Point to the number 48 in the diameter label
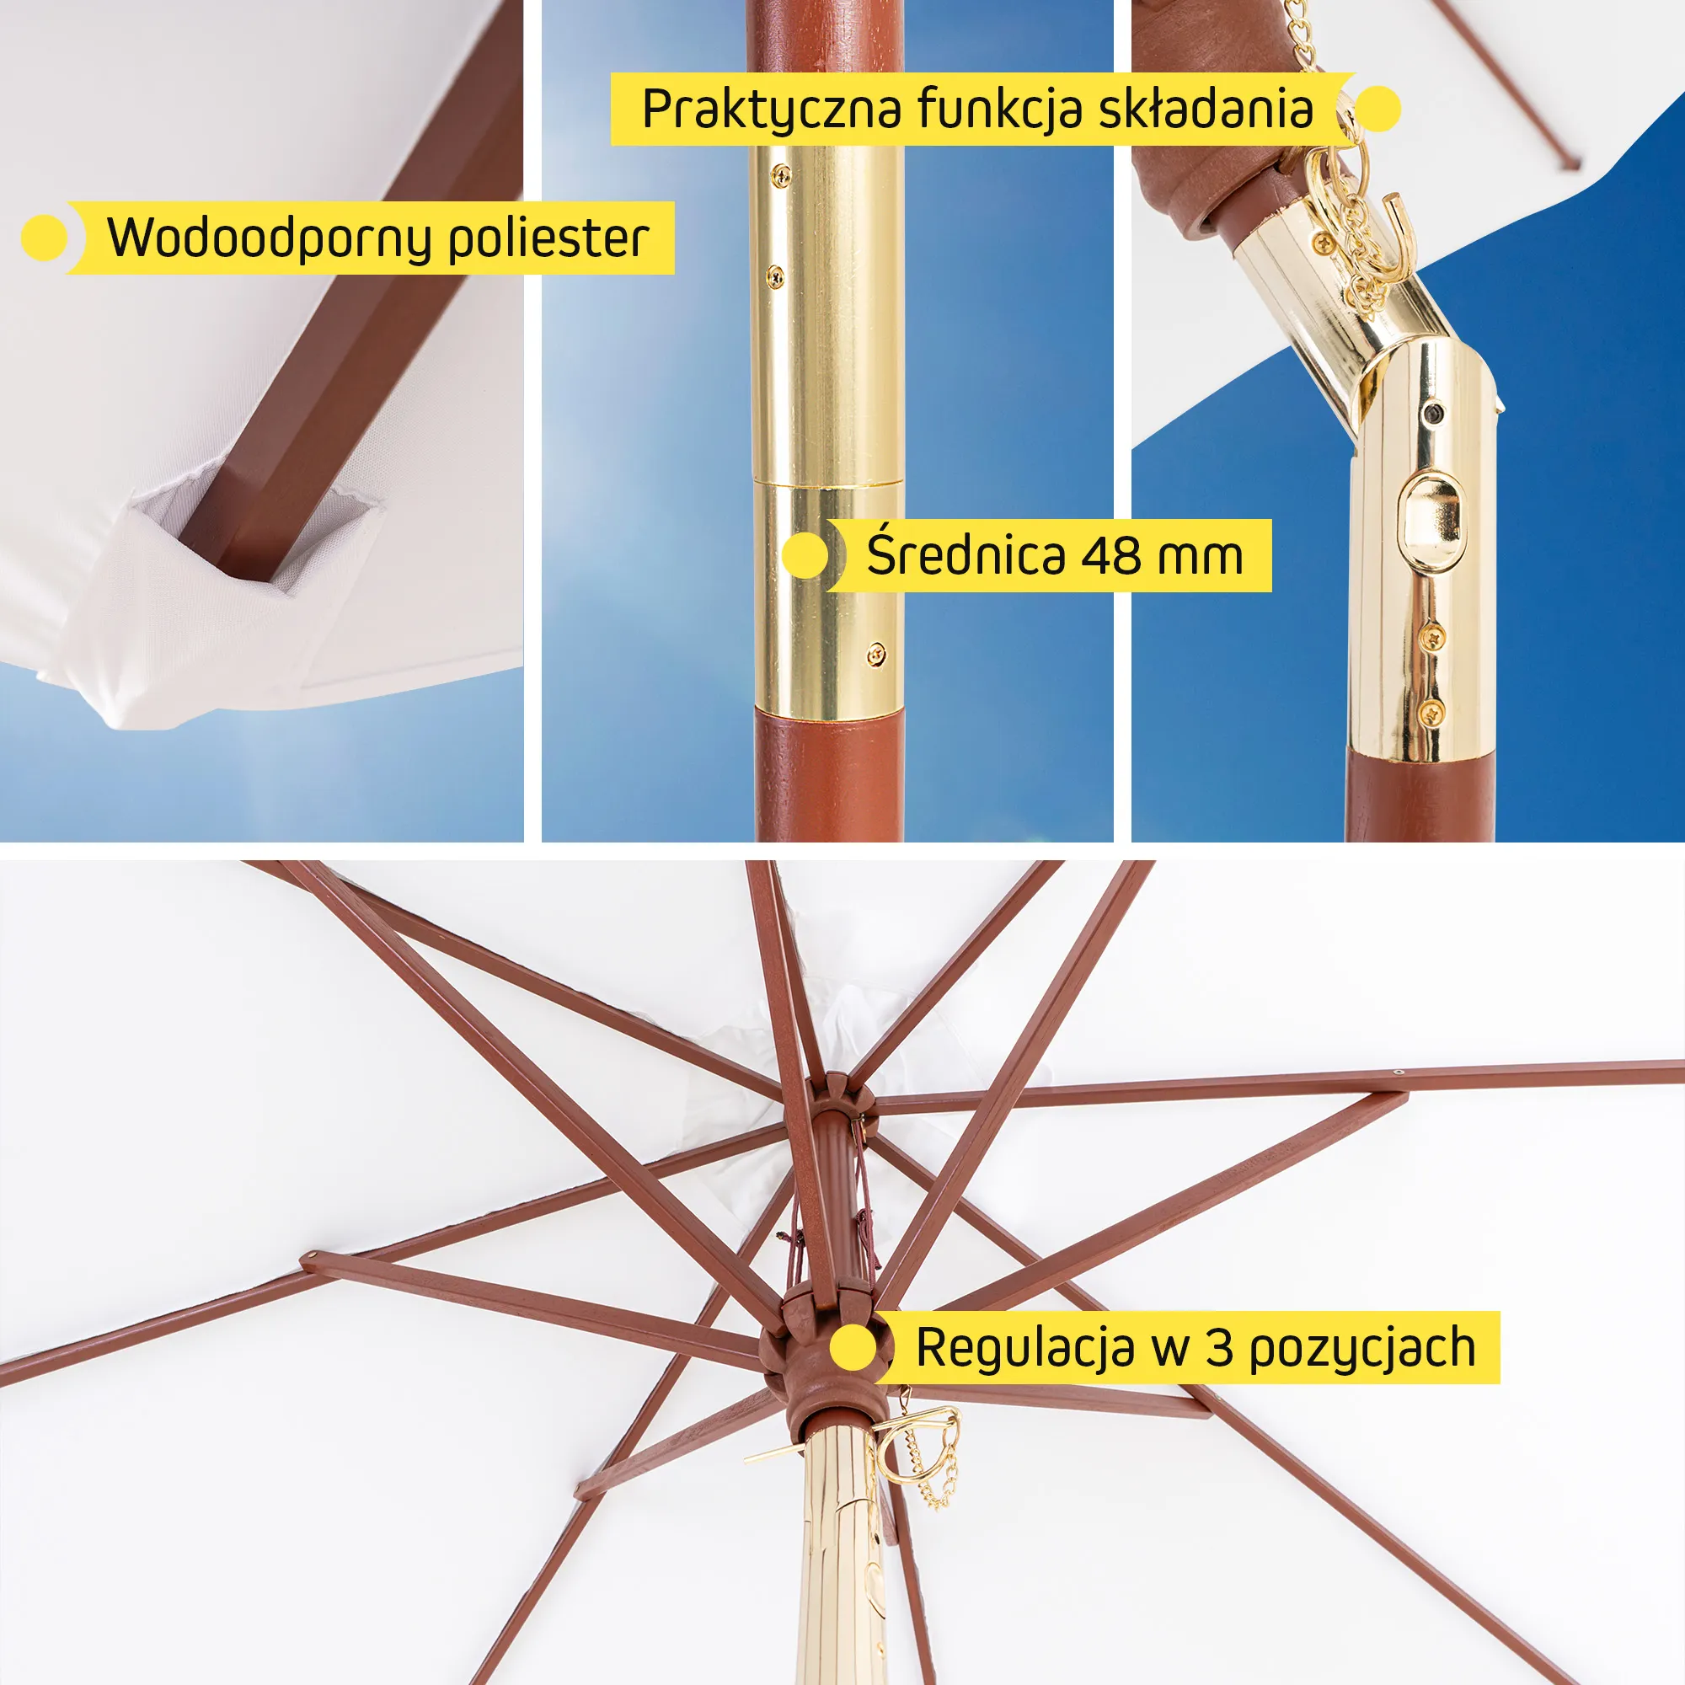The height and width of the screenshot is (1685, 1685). click(1111, 554)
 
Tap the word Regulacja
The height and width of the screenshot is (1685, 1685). click(1024, 1348)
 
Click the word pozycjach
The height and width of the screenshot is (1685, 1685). click(1362, 1349)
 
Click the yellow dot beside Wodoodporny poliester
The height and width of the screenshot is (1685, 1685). click(44, 238)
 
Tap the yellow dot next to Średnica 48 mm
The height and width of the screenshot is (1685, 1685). click(805, 554)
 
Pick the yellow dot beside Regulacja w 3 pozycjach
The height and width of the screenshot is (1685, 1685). click(853, 1348)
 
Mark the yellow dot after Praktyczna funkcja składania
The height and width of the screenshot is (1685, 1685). click(1377, 109)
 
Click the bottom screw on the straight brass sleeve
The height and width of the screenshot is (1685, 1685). click(876, 653)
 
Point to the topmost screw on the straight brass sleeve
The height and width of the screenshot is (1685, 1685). click(781, 175)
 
